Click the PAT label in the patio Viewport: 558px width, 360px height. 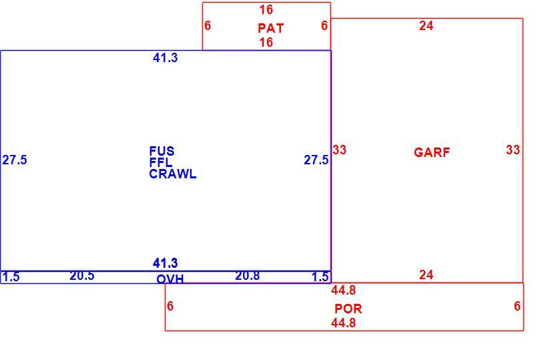coord(270,28)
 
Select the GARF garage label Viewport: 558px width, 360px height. coord(432,152)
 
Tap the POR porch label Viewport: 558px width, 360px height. coord(348,309)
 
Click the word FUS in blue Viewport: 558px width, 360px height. coord(162,151)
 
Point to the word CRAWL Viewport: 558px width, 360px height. coord(173,174)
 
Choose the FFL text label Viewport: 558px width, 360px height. coord(161,162)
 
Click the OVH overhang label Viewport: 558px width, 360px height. coord(170,279)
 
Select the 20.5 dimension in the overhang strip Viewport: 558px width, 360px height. coord(82,276)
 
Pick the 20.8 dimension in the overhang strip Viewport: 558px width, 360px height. coord(248,276)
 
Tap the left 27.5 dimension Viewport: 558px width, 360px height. coord(15,160)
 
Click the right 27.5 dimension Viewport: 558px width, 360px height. coord(316,160)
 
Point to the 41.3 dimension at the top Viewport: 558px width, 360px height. coord(165,57)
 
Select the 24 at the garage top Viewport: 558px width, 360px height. coord(426,25)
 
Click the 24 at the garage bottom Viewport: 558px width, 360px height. coord(426,275)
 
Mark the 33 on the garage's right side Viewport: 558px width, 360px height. coord(513,150)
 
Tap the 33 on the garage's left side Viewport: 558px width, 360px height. coord(339,150)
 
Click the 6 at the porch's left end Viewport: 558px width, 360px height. coord(170,306)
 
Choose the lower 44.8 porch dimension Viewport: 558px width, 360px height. coord(344,323)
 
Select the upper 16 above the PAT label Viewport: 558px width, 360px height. coord(266,9)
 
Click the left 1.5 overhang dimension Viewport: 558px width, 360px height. coord(11,277)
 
